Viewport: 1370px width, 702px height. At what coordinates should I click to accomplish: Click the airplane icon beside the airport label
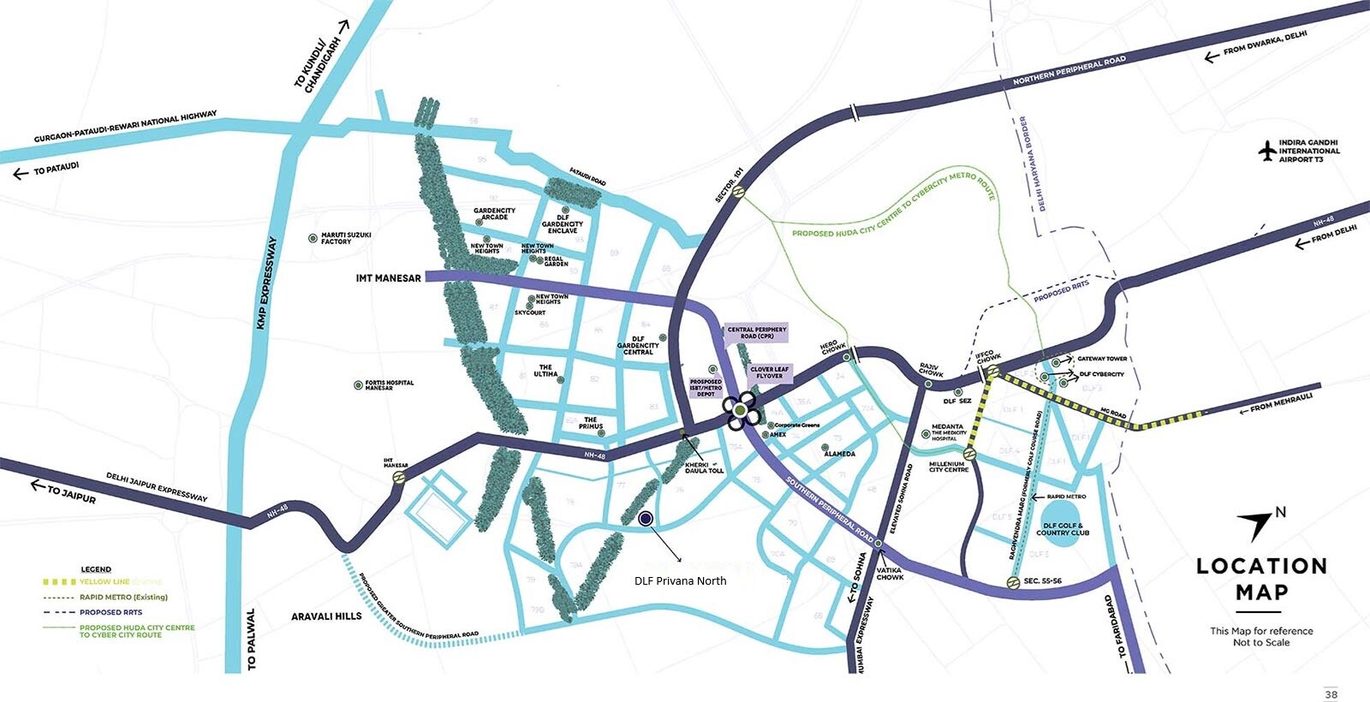coord(1267,152)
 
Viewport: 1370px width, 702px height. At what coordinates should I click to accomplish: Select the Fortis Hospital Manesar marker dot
coord(358,385)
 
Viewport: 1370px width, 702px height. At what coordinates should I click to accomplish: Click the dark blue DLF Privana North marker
coord(646,518)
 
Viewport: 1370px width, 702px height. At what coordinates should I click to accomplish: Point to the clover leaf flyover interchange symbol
coord(740,411)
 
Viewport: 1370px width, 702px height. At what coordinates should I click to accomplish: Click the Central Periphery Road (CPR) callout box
coord(756,333)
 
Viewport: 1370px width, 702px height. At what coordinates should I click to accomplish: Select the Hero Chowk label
coord(833,347)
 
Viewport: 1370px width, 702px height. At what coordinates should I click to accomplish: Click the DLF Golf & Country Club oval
coord(1062,530)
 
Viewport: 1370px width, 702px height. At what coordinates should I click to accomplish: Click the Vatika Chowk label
coord(890,574)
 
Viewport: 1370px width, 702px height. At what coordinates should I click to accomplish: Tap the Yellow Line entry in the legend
coord(104,581)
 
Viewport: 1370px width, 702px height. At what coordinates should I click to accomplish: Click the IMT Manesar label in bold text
coord(388,278)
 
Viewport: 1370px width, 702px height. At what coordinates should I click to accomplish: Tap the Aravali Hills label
coord(326,616)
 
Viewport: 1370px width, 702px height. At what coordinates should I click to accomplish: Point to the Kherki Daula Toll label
coord(704,467)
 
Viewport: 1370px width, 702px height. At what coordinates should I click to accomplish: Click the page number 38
coord(1331,694)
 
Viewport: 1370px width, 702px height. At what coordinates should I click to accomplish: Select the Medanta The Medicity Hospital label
coord(948,431)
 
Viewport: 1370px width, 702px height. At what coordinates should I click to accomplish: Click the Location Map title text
coord(1261,579)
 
